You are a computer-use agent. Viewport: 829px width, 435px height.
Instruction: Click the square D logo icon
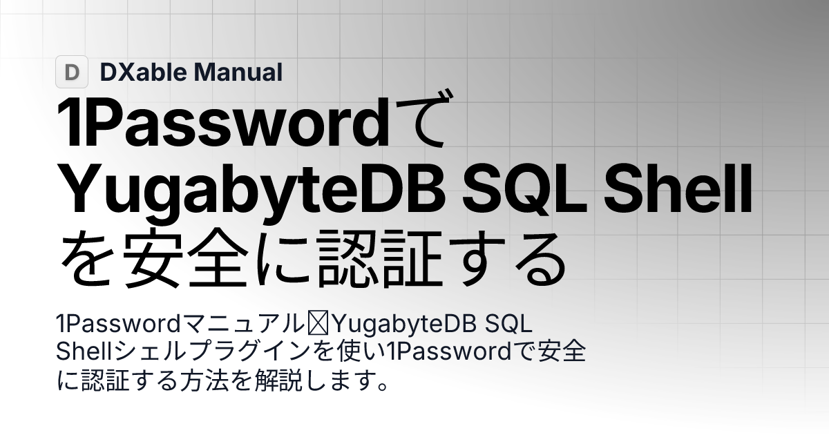(72, 72)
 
